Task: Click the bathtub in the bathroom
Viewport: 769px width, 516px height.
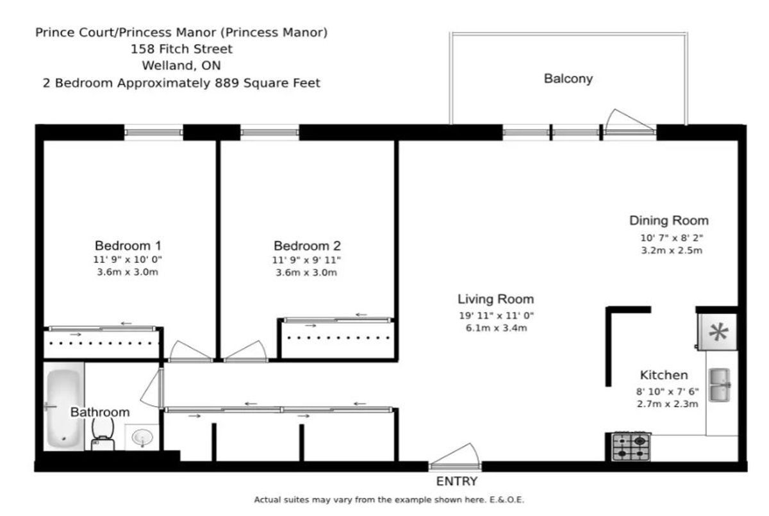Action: (63, 407)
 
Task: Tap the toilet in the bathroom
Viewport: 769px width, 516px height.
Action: (103, 435)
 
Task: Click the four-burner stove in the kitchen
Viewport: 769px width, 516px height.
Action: (631, 447)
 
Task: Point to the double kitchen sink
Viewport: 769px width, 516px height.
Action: (720, 385)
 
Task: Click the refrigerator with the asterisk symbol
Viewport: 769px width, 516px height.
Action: (718, 332)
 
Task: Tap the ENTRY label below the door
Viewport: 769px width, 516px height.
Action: (456, 481)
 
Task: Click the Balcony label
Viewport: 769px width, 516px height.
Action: (568, 79)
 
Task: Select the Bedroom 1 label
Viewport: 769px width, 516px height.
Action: (128, 246)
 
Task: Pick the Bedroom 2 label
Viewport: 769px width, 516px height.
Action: (307, 246)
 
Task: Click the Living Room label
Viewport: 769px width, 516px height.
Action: (496, 299)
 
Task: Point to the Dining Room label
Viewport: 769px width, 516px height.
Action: (669, 221)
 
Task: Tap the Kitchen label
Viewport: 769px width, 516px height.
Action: (664, 375)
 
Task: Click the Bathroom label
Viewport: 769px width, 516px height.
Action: (100, 412)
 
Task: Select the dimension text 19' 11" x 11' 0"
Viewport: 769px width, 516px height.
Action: (497, 315)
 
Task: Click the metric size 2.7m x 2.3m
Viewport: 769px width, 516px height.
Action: (667, 404)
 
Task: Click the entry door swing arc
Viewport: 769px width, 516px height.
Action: (454, 454)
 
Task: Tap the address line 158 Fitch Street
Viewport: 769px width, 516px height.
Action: (181, 49)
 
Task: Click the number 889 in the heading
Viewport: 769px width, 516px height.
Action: (227, 83)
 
